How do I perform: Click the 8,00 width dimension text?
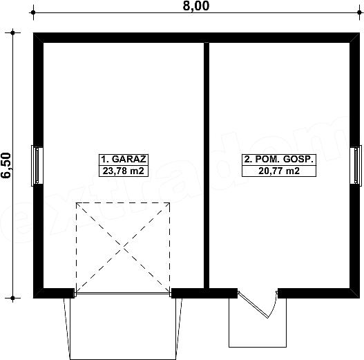tap(196, 6)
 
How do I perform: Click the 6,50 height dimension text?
tap(6, 165)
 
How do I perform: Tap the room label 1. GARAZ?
tap(124, 160)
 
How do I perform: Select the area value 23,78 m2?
tap(124, 171)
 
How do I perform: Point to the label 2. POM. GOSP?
tap(279, 160)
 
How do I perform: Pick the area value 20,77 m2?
tap(279, 171)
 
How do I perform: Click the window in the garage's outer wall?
tap(37, 166)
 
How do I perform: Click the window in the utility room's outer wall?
tap(356, 166)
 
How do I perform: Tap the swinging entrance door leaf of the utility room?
tap(253, 305)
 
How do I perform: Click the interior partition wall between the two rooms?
tap(207, 165)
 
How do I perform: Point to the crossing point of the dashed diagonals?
tap(123, 247)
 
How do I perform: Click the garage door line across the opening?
tap(123, 294)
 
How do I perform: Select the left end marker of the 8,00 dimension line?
tap(33, 12)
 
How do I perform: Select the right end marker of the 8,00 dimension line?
tap(359, 12)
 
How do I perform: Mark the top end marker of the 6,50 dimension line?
tap(12, 32)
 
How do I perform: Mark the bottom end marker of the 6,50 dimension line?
tap(12, 298)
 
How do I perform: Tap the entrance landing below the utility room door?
tap(258, 323)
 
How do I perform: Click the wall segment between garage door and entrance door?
tap(204, 294)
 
